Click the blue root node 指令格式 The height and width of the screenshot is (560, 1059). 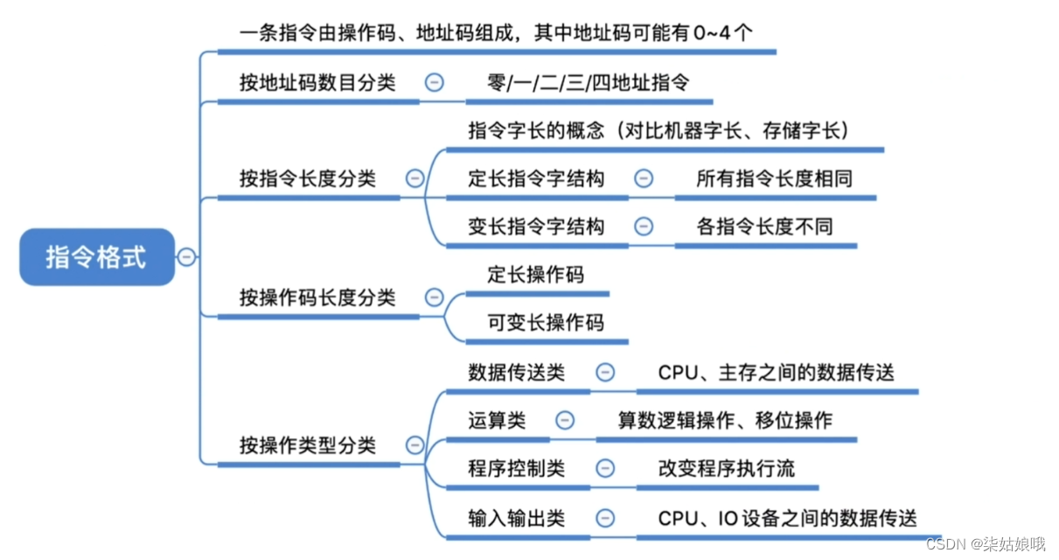point(96,257)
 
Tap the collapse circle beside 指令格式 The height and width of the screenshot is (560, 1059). point(186,257)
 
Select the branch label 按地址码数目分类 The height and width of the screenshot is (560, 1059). point(317,83)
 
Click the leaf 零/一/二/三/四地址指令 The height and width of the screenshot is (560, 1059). point(589,83)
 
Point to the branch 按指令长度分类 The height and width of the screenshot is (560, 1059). point(308,178)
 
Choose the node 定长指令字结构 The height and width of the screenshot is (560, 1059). point(536,178)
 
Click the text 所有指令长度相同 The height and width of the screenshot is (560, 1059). point(774,178)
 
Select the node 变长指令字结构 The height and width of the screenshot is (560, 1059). point(536,227)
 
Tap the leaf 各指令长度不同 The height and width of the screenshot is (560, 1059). point(764,227)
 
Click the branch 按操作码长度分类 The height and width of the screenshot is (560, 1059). point(317,297)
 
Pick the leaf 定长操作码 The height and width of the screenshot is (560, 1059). point(535,275)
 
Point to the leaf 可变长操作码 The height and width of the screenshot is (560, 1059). point(546,322)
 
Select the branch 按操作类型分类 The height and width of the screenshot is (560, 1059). point(308,445)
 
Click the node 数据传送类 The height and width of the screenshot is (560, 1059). point(517,372)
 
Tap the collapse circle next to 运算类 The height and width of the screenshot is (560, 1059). point(565,420)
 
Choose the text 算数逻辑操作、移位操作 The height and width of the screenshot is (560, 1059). point(725,420)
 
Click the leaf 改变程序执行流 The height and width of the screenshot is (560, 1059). point(726,468)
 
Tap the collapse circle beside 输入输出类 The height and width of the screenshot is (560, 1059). point(604,517)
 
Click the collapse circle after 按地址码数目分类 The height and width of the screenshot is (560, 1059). point(434,83)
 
